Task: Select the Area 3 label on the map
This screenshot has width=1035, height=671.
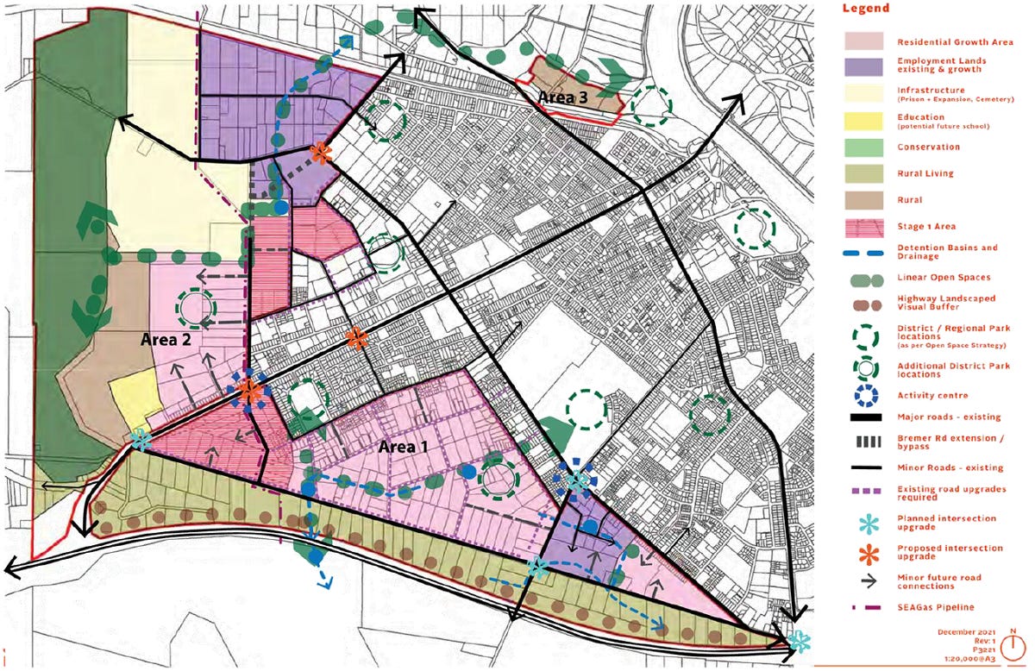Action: click(x=563, y=98)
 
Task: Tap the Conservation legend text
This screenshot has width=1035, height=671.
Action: click(x=927, y=147)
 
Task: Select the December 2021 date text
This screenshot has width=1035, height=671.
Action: click(x=964, y=631)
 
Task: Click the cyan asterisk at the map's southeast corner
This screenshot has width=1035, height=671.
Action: click(x=800, y=642)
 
